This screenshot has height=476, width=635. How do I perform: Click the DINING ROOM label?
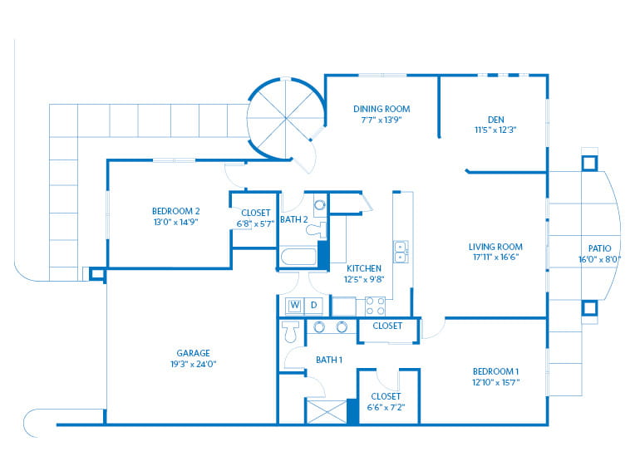381,109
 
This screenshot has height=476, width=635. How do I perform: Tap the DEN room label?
495,118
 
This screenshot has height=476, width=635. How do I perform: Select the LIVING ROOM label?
495,247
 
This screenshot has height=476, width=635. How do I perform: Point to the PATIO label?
598,248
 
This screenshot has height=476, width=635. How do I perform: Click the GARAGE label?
193,352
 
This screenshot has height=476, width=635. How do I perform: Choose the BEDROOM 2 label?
175,211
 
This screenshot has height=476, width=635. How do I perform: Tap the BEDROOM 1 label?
495,370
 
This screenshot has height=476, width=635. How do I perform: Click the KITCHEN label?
364,268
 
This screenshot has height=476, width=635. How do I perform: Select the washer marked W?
294,306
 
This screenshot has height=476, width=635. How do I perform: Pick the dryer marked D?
314,306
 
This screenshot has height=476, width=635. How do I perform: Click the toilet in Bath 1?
290,332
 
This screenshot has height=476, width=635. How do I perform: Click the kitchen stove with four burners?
375,306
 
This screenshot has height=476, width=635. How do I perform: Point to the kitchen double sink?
400,252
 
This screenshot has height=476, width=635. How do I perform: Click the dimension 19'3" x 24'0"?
193,363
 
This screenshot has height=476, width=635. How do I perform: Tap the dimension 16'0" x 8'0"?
598,259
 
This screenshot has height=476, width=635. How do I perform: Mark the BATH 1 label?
329,360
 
